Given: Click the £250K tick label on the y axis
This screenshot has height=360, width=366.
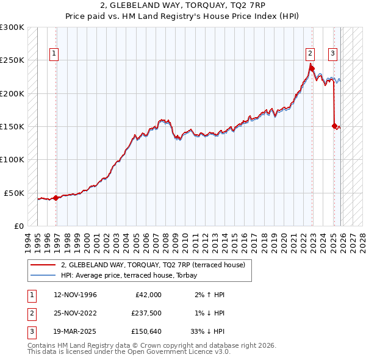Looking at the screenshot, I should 12,60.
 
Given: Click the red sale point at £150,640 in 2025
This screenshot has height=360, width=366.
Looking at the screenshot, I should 334,126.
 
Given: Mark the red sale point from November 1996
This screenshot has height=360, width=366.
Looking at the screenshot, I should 56,198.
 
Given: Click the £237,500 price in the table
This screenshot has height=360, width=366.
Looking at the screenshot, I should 146,313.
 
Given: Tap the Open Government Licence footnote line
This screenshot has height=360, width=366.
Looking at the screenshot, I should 121,352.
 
